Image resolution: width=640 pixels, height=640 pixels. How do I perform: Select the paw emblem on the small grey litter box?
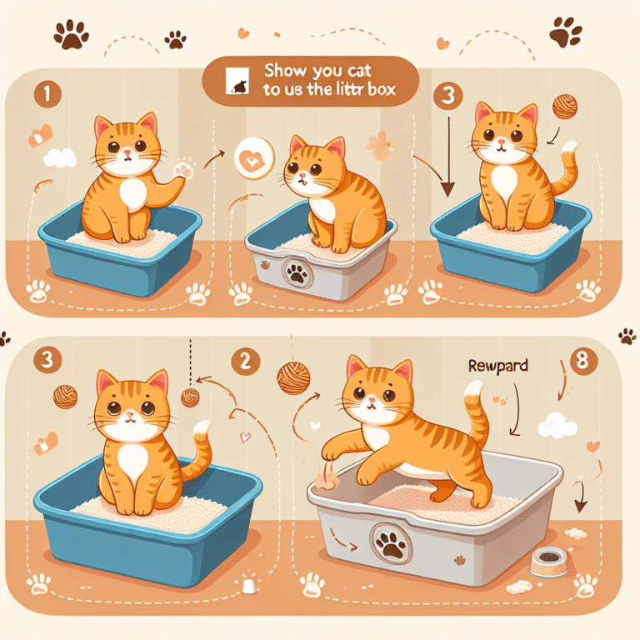[296, 272]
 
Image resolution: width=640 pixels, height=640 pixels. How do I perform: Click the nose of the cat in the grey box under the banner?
[303, 176]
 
